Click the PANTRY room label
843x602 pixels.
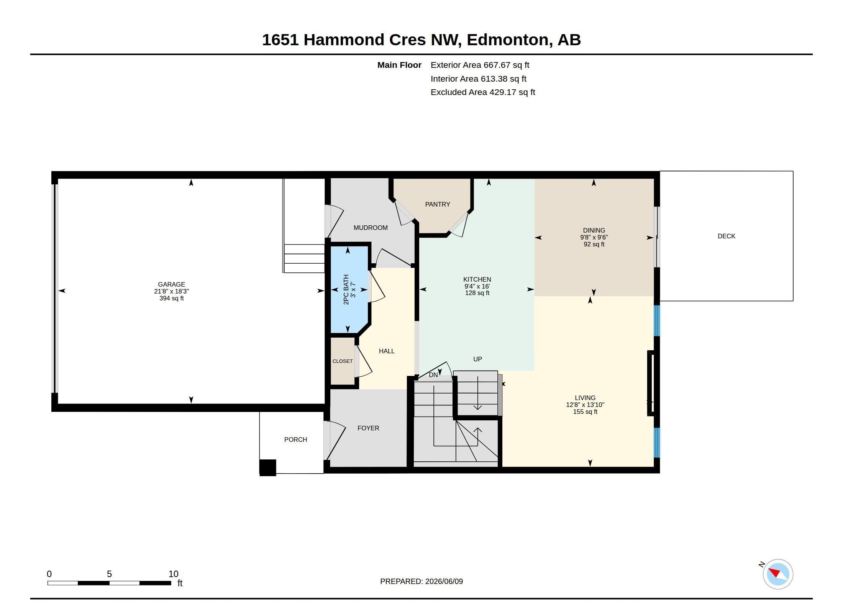click(x=438, y=204)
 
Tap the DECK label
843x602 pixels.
click(x=727, y=236)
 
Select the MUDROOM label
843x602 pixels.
click(x=371, y=228)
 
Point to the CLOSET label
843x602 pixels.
click(x=343, y=361)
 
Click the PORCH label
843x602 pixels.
click(x=295, y=440)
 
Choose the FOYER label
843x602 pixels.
click(x=368, y=428)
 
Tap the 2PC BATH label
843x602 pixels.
click(x=346, y=289)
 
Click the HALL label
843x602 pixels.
click(x=387, y=351)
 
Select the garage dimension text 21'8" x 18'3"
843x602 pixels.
click(x=171, y=291)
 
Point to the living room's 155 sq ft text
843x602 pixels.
click(x=585, y=412)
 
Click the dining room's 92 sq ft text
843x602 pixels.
click(x=594, y=244)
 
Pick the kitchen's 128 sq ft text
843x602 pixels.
click(x=477, y=293)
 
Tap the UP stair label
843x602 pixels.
click(x=477, y=359)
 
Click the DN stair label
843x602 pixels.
click(x=433, y=375)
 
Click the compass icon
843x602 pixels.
click(x=777, y=574)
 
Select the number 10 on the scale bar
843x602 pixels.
click(x=174, y=574)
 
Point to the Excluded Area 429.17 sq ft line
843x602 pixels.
click(x=483, y=92)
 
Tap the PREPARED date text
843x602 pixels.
click(x=421, y=581)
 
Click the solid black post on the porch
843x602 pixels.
click(x=268, y=467)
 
